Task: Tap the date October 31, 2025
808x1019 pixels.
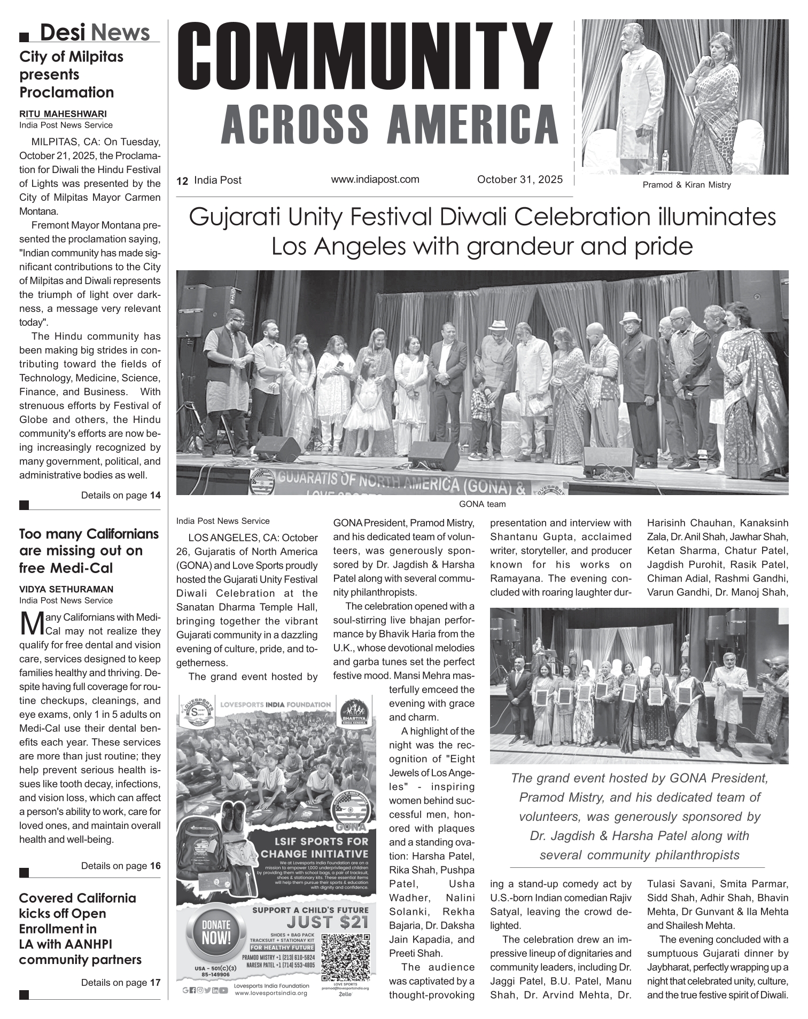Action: click(519, 180)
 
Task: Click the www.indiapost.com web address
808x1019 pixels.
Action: click(375, 179)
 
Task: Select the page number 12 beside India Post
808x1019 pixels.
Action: click(182, 181)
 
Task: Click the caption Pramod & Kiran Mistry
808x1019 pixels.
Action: click(686, 185)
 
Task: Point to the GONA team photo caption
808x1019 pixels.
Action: click(482, 504)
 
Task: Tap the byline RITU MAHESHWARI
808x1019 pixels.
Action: click(63, 114)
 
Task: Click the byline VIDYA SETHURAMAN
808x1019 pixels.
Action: click(66, 590)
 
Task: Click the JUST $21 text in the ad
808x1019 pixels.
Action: click(327, 922)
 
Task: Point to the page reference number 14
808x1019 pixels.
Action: click(155, 496)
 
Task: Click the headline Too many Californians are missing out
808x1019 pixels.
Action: click(89, 551)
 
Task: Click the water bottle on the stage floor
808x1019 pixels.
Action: click(665, 160)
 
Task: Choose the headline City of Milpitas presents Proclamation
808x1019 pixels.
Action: click(71, 74)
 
